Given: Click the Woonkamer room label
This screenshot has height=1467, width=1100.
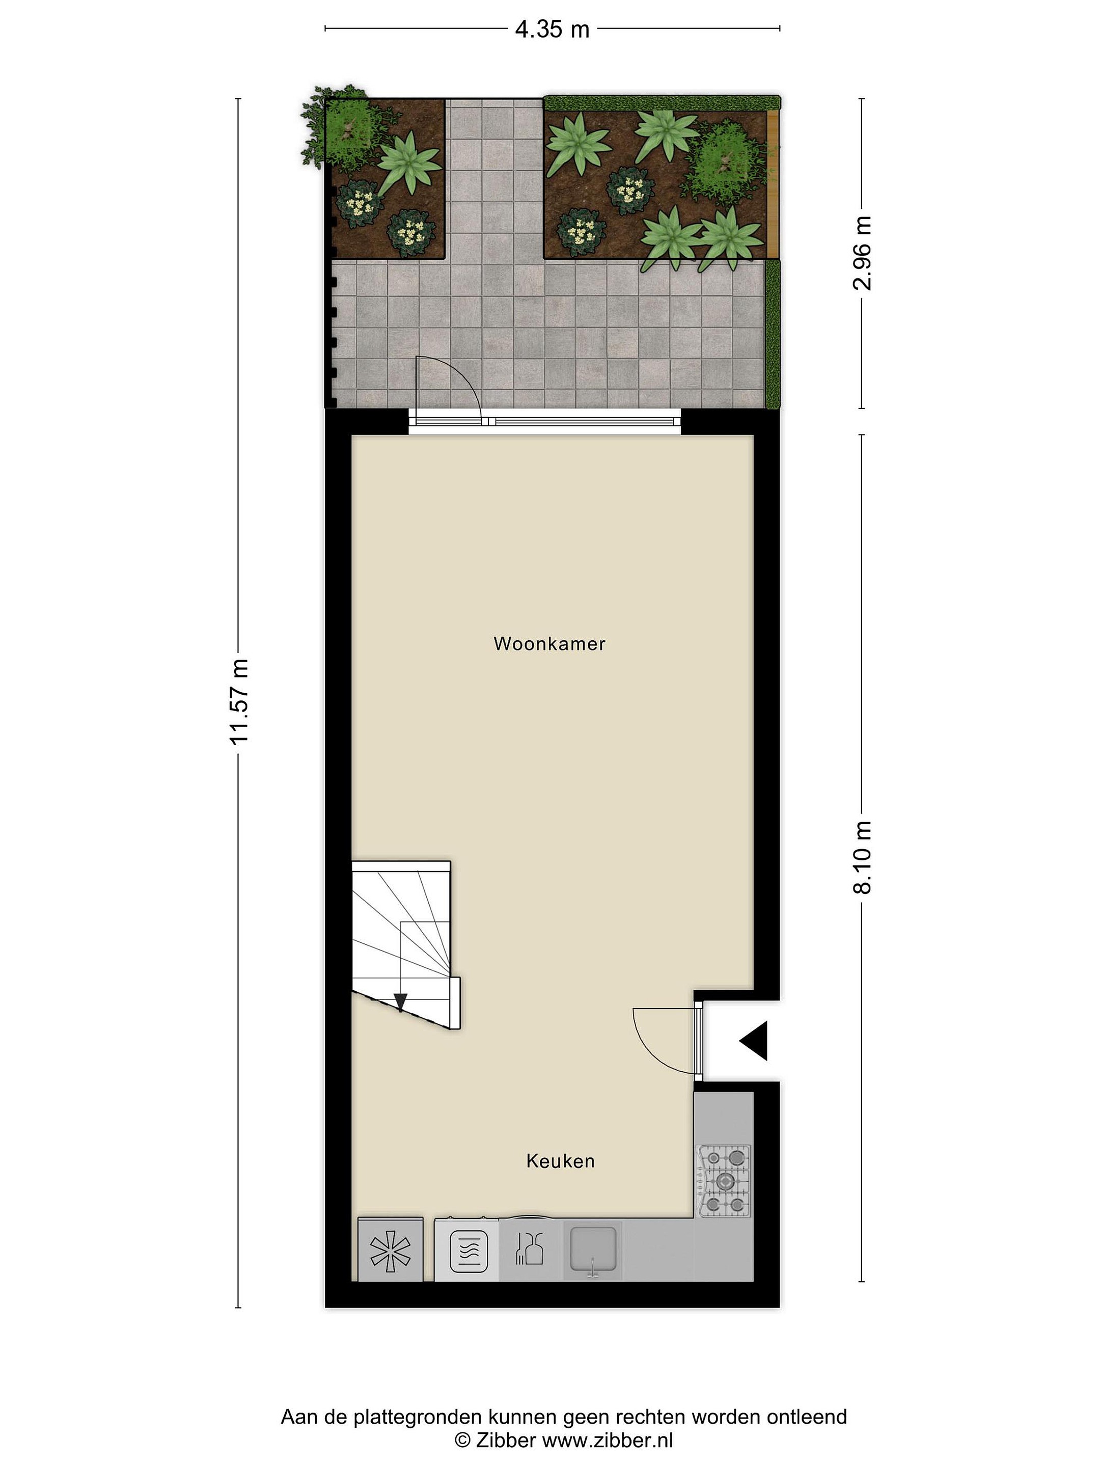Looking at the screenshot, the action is pos(549,643).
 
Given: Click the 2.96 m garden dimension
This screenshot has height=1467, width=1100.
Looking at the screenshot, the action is pos(862,253).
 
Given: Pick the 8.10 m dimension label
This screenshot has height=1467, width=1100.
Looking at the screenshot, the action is pos(862,857).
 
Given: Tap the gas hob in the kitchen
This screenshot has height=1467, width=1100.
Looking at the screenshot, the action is pos(723,1181).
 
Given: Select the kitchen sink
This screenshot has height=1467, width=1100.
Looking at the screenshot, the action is pos(593,1252).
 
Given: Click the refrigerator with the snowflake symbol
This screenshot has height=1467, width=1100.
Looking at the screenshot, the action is pos(391,1250).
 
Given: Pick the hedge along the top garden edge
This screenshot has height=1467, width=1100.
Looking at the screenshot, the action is pos(662,103).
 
